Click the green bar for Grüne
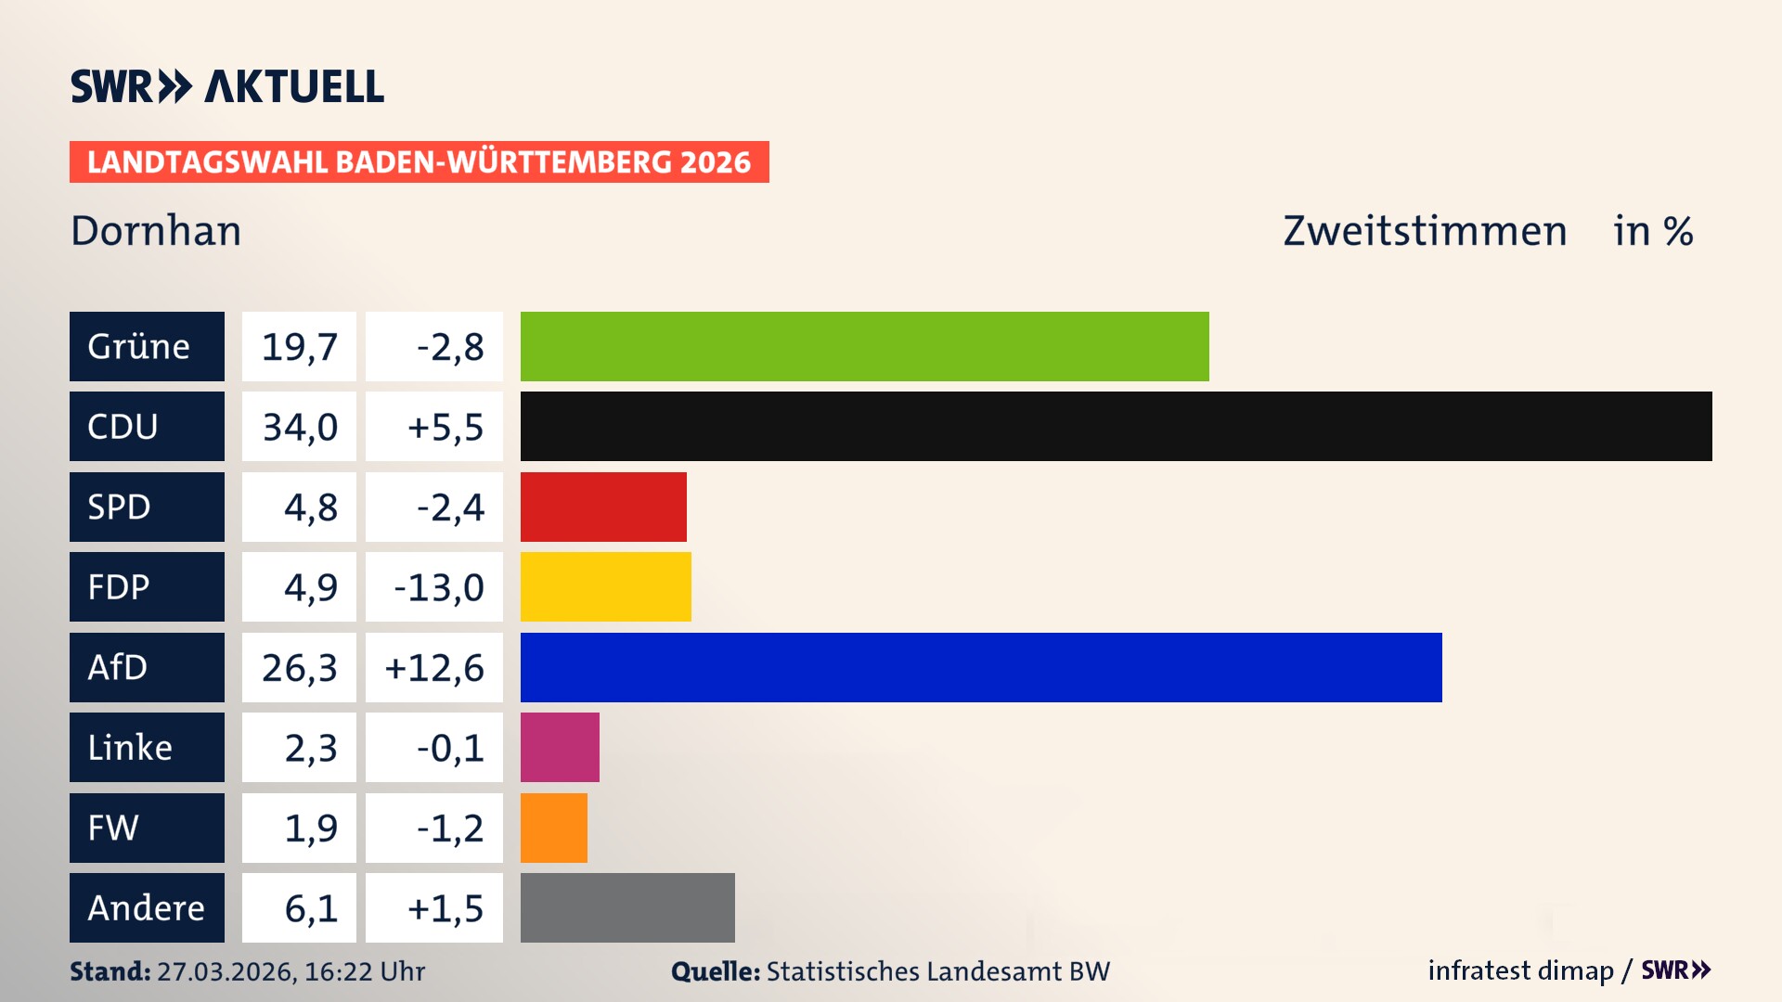point(864,346)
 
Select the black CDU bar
point(1116,426)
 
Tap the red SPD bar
point(603,507)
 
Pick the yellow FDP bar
point(605,586)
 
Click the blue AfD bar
point(981,667)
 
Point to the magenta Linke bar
point(560,747)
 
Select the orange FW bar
point(553,828)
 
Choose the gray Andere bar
point(627,907)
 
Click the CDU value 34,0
point(299,427)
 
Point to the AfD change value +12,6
point(434,668)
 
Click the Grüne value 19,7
point(299,347)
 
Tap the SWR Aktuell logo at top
point(226,86)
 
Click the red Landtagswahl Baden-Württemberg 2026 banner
point(419,162)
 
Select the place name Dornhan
point(156,231)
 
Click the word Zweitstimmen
point(1425,231)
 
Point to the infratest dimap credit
point(1519,970)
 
